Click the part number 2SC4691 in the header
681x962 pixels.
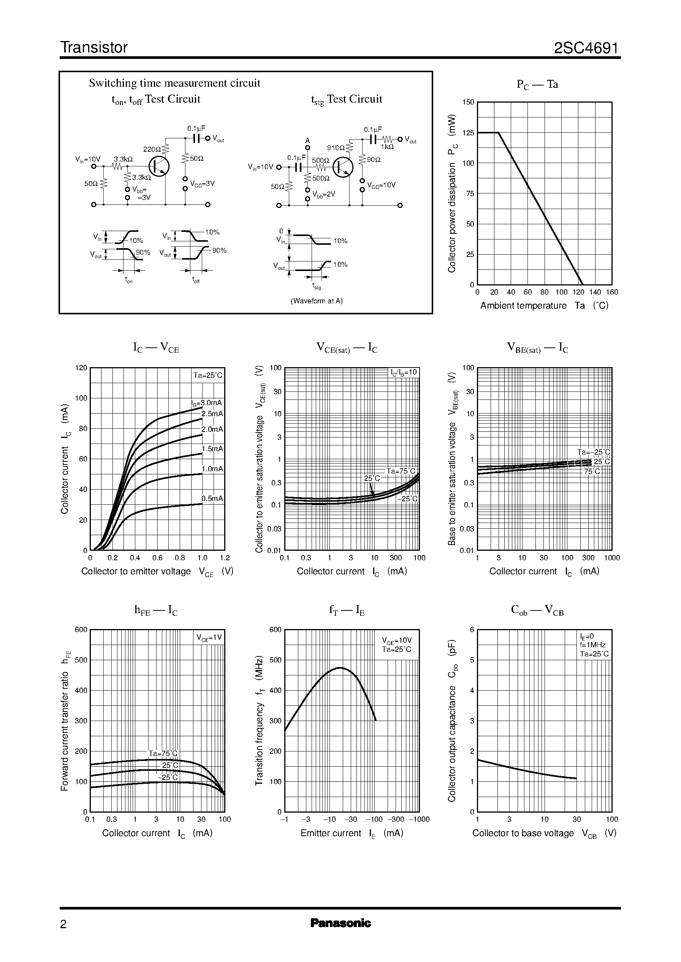point(586,48)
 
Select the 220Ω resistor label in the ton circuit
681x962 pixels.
point(152,149)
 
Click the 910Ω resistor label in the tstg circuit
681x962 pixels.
point(336,147)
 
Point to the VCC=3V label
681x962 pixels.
point(202,184)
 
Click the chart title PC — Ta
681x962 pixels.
point(537,84)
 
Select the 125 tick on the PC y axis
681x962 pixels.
point(468,133)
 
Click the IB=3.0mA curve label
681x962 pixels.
point(206,403)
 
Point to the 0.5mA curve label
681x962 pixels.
point(212,499)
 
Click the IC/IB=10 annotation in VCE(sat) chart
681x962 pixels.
point(404,372)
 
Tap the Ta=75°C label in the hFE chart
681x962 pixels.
point(163,754)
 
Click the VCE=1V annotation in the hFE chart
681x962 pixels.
point(209,638)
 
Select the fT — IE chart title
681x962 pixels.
point(346,610)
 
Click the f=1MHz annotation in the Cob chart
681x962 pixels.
point(592,645)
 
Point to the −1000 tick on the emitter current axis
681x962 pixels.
point(419,819)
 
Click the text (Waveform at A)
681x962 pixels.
point(317,301)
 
